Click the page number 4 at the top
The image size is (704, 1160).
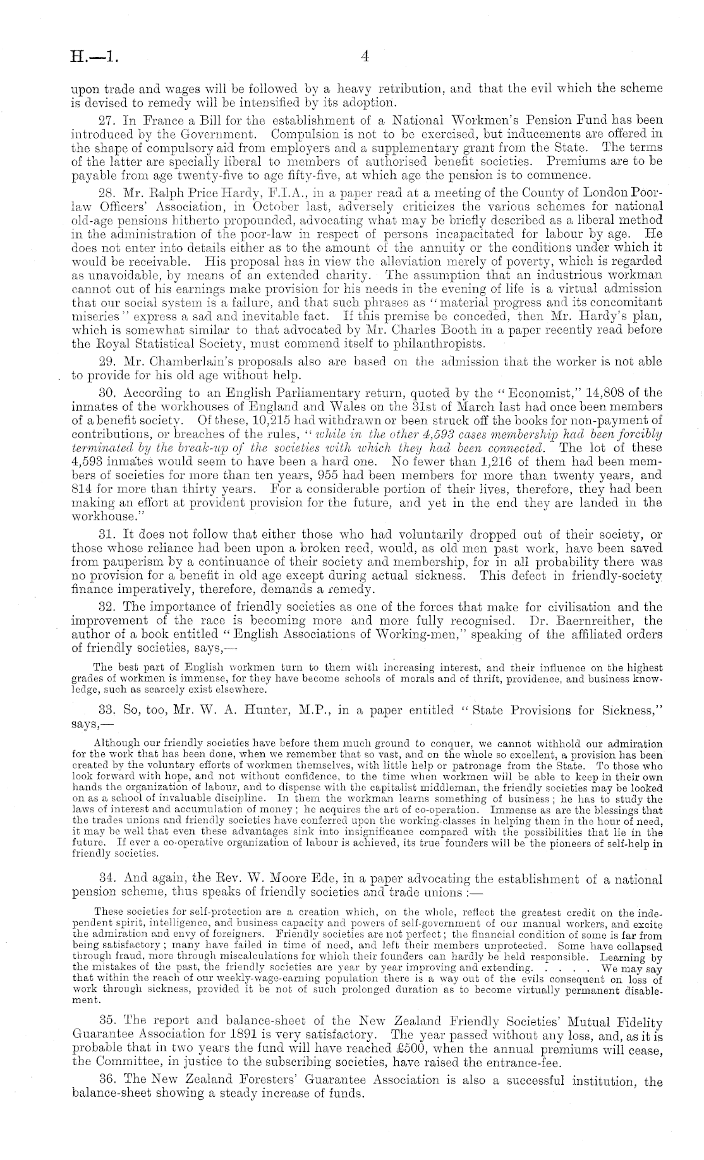click(365, 56)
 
